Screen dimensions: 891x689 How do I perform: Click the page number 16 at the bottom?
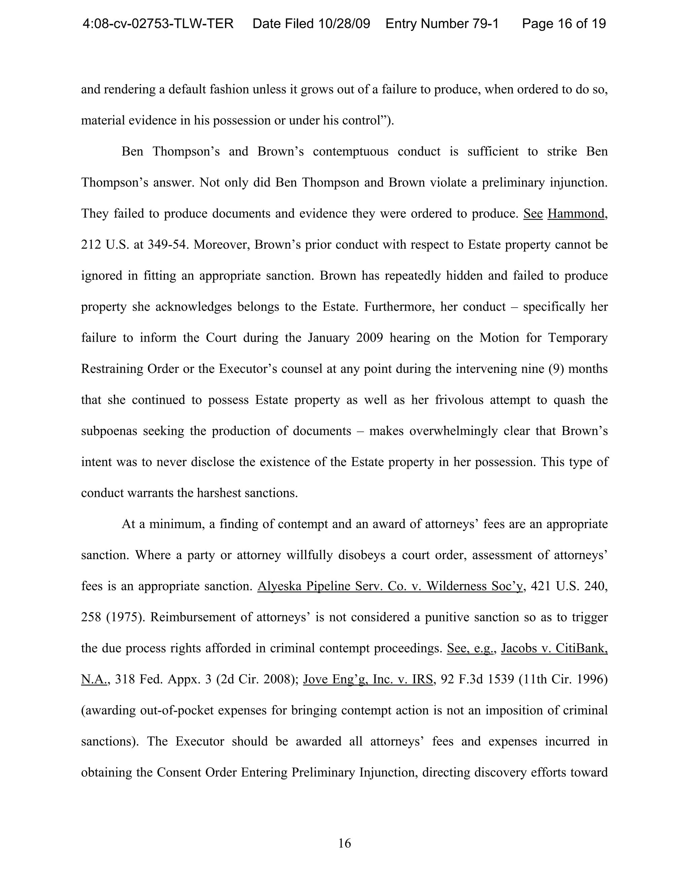click(x=344, y=843)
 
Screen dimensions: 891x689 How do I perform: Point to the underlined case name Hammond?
click(x=576, y=214)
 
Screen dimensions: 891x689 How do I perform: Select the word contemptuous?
click(x=350, y=151)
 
